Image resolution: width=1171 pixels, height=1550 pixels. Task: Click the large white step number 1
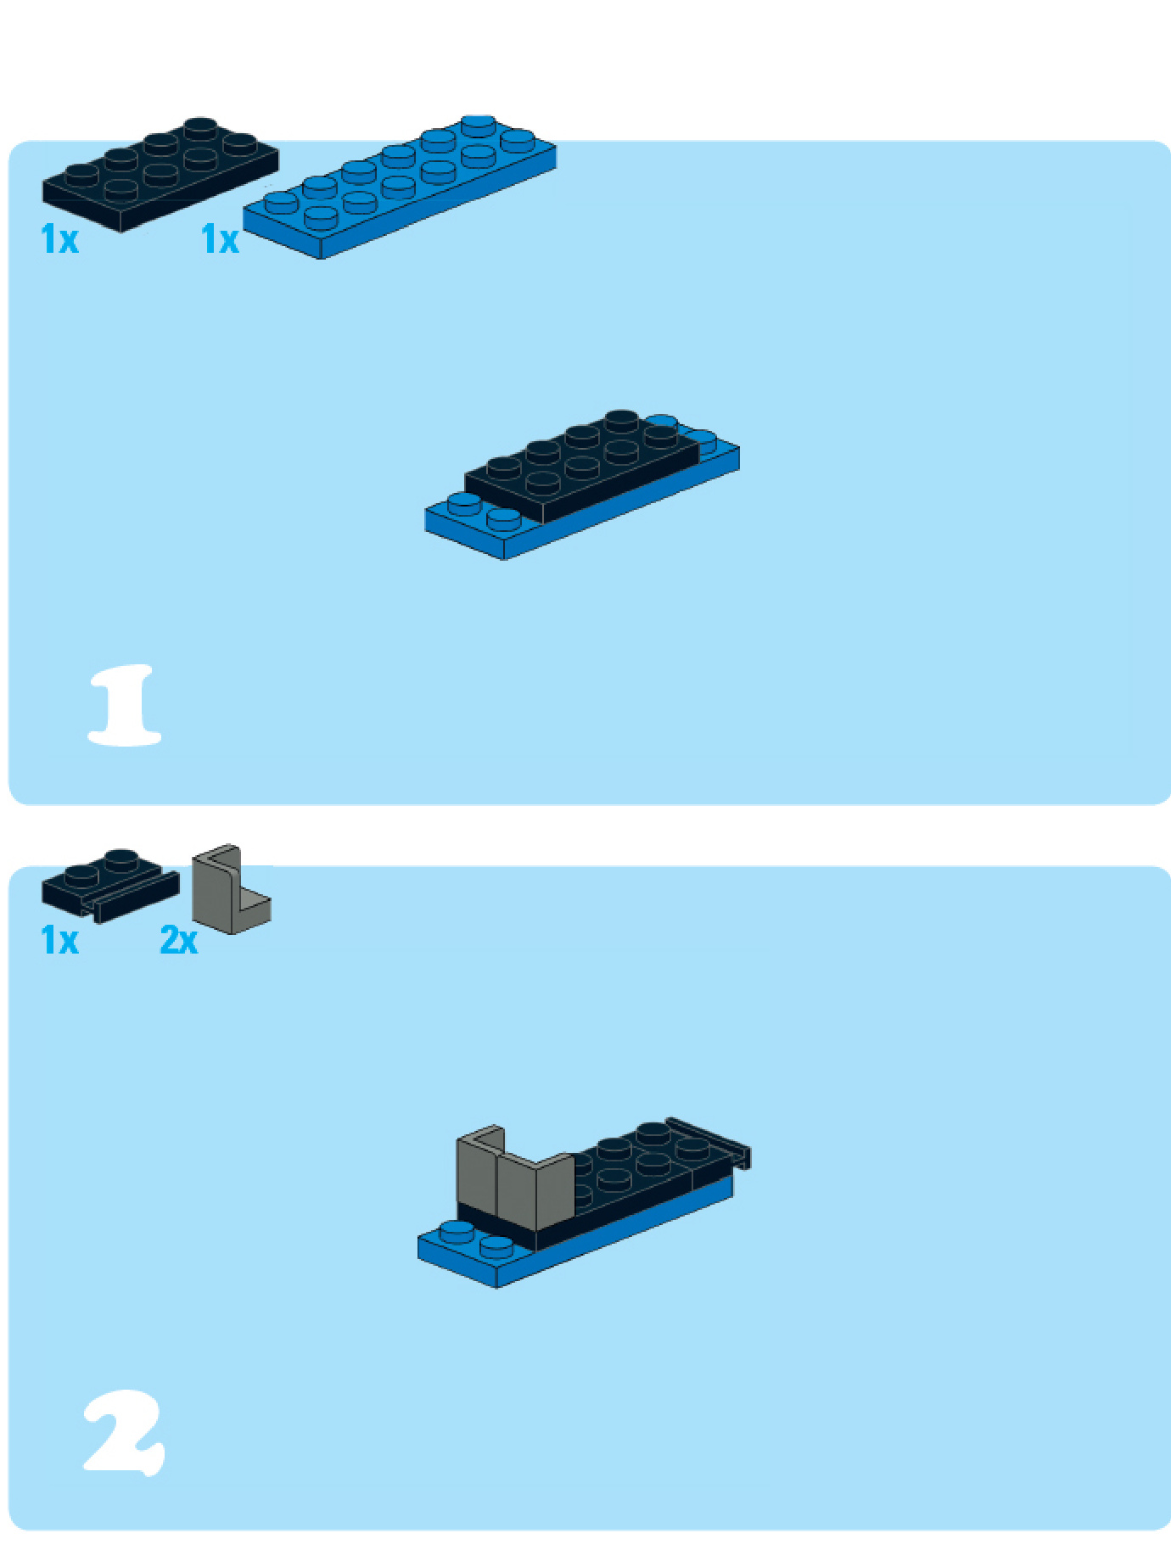click(125, 705)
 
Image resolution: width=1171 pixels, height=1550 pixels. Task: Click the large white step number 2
click(124, 1433)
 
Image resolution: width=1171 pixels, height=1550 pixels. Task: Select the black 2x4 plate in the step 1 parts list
click(160, 174)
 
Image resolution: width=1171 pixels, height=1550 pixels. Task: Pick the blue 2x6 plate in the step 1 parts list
click(400, 187)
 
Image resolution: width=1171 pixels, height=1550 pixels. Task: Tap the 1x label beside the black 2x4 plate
click(59, 239)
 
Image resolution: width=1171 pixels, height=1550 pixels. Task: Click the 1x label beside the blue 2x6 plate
click(220, 239)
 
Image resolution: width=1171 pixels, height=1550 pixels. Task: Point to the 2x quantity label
click(179, 940)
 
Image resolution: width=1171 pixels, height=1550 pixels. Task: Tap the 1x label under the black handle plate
click(59, 940)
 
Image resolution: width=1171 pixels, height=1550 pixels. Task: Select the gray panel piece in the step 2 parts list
click(230, 890)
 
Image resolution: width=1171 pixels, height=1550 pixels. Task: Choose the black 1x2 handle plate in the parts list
click(110, 886)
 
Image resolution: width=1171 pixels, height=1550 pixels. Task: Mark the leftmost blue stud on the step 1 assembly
click(464, 504)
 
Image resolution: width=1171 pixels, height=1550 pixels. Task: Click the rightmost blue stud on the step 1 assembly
click(702, 439)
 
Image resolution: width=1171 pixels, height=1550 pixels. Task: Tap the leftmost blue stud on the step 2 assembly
click(457, 1232)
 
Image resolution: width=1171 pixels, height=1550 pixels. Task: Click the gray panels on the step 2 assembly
click(514, 1179)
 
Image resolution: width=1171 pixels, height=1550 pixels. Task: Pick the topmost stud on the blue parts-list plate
click(479, 126)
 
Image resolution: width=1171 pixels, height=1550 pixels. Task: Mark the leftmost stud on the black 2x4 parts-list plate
click(81, 175)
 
